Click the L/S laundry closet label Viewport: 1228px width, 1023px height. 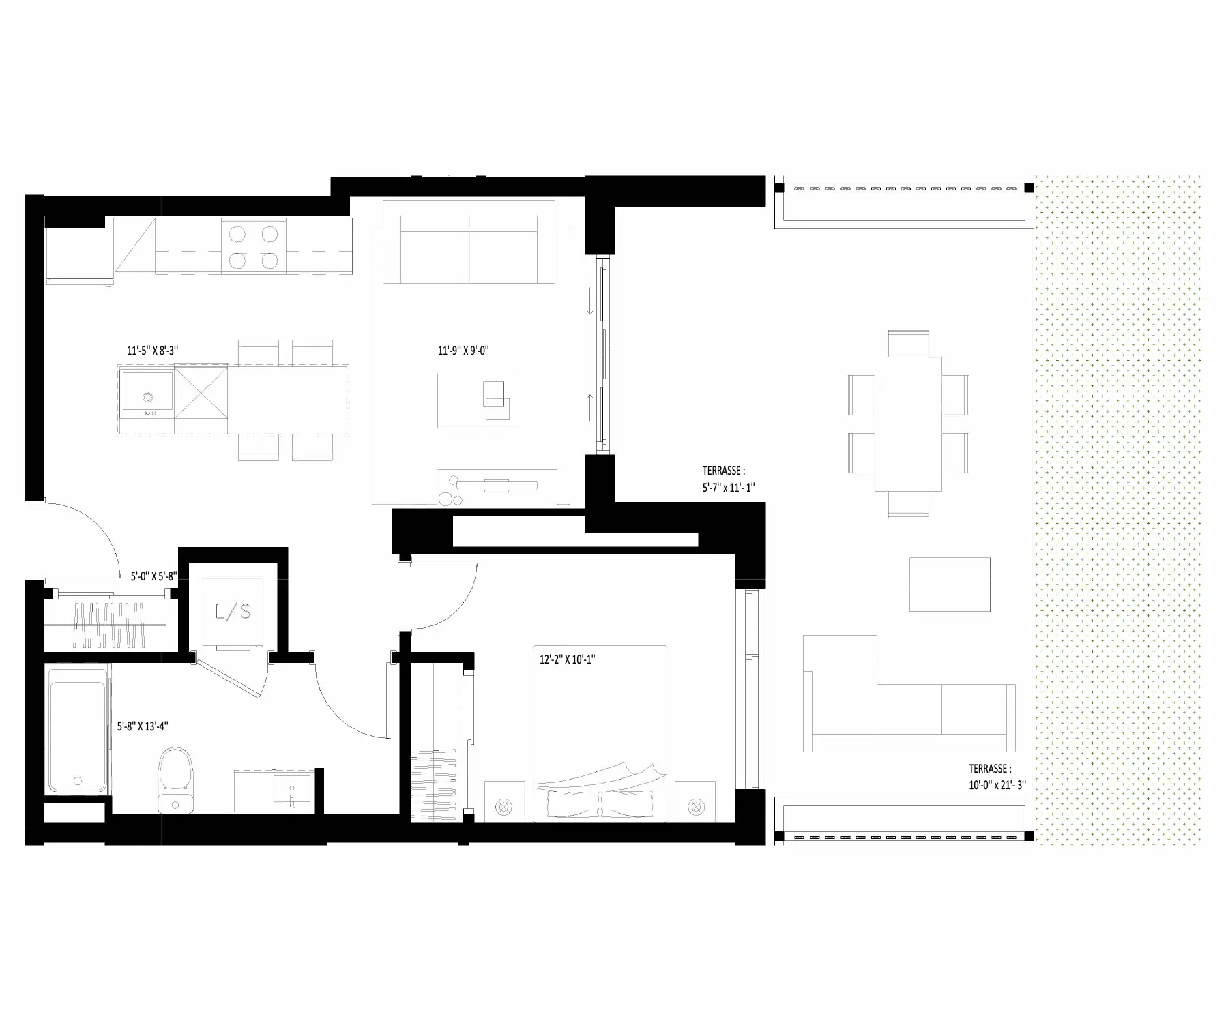(233, 612)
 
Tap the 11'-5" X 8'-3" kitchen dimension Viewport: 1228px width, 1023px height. (153, 351)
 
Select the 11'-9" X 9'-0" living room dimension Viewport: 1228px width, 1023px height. (464, 351)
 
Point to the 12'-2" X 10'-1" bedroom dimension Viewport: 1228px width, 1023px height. (568, 659)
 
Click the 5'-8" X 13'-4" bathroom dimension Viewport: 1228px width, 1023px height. (143, 726)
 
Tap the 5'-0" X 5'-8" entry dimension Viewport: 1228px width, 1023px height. (154, 576)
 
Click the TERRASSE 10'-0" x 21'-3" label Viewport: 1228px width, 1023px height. (997, 776)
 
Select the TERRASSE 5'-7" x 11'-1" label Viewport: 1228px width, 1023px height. (729, 479)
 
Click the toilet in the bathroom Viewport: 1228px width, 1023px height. (176, 780)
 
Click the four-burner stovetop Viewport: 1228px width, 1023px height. (253, 247)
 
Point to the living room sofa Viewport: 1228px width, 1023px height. (469, 241)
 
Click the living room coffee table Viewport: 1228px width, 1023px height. (478, 401)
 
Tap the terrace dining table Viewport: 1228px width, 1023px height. (908, 424)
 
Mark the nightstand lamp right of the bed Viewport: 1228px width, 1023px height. (695, 807)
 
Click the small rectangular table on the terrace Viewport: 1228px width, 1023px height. (950, 584)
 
